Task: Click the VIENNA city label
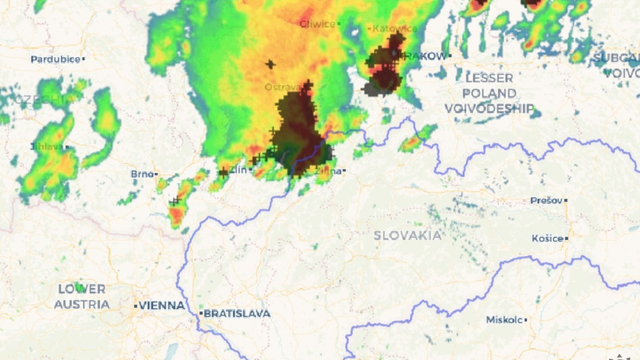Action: click(x=163, y=305)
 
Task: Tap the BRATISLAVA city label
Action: click(x=238, y=313)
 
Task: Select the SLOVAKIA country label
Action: click(x=407, y=235)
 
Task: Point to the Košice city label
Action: click(x=547, y=239)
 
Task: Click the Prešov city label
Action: click(x=545, y=200)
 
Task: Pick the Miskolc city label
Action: click(x=504, y=320)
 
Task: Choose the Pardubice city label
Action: click(x=55, y=59)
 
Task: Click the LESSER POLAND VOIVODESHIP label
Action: click(x=489, y=93)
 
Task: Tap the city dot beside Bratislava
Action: click(x=201, y=313)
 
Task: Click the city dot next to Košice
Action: click(x=567, y=239)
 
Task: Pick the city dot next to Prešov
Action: click(x=565, y=200)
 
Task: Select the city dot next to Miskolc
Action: click(x=526, y=320)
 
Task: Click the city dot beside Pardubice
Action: click(x=84, y=59)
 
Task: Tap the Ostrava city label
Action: click(x=283, y=88)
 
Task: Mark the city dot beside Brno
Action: click(x=157, y=174)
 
